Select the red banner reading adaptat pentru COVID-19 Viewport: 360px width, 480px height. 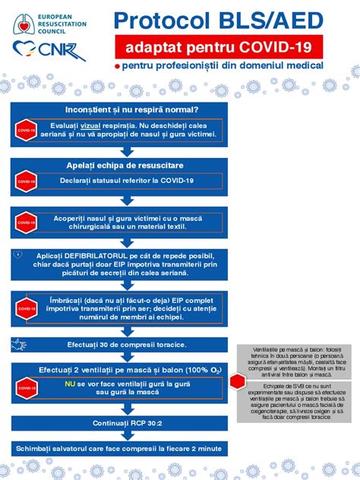pyautogui.click(x=219, y=49)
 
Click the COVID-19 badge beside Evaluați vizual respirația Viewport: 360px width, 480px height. pyautogui.click(x=27, y=131)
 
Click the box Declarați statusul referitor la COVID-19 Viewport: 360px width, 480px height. pyautogui.click(x=127, y=181)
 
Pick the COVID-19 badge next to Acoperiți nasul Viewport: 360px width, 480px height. pyautogui.click(x=27, y=223)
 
